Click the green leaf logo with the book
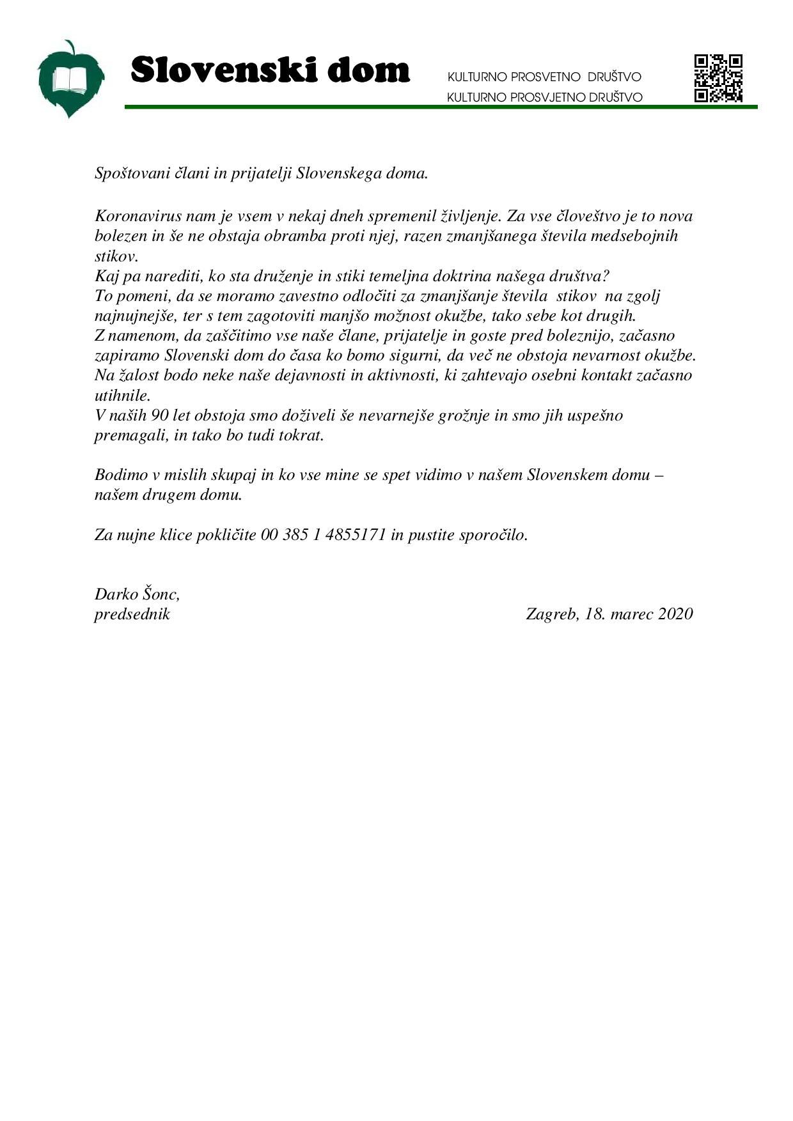pos(70,80)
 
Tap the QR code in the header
pos(718,79)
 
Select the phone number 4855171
pos(356,534)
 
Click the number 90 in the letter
pos(159,415)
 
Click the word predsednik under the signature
pos(132,614)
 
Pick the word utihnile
pos(122,396)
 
